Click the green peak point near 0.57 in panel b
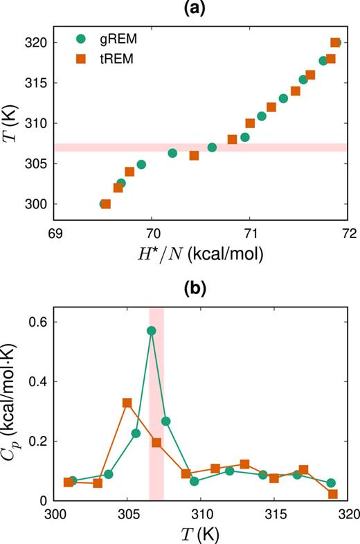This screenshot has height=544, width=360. pos(151,331)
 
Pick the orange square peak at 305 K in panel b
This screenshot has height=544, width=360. pos(127,403)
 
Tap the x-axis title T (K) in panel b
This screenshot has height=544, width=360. pos(201,534)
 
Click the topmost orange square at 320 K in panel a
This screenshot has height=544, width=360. pos(335,42)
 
